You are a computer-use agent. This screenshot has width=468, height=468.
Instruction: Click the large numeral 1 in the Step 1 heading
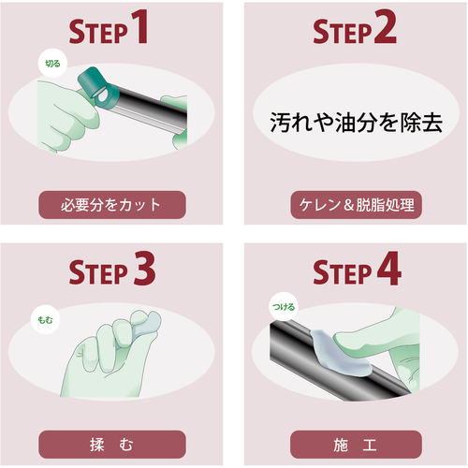(139, 27)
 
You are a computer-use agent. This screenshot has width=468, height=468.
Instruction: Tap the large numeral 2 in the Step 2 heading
(385, 27)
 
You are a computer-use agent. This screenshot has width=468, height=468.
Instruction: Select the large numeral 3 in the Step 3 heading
(144, 269)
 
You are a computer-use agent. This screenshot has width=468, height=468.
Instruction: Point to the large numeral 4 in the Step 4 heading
(388, 268)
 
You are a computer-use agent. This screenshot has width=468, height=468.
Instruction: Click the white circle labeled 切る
(52, 64)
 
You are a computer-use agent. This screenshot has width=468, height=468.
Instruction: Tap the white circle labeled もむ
(45, 320)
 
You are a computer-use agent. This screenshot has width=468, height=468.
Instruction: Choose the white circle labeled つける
(284, 307)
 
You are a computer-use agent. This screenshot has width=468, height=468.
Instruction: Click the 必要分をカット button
(112, 205)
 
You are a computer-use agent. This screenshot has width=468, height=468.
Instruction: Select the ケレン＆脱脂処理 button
(356, 205)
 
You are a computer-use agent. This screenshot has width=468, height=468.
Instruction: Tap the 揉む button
(112, 445)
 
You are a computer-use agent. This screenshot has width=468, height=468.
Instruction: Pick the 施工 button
(356, 445)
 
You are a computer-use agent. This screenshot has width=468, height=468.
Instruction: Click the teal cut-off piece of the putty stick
(94, 83)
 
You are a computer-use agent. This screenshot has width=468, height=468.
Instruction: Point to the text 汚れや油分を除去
(356, 123)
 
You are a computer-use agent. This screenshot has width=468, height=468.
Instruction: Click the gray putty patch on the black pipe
(340, 354)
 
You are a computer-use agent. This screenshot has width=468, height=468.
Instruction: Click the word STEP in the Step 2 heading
(343, 32)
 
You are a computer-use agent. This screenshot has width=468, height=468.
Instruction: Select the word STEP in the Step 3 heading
(98, 272)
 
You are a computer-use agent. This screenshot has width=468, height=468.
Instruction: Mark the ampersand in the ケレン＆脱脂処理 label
(348, 205)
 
